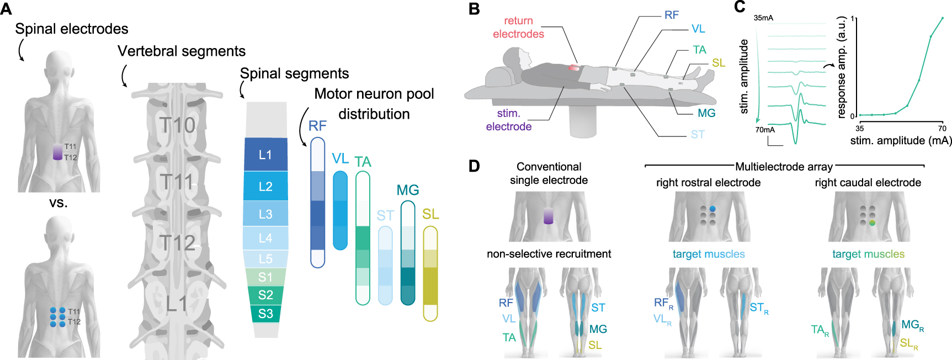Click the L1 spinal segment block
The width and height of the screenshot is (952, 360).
[x=265, y=155]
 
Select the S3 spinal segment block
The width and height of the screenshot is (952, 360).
[x=265, y=314]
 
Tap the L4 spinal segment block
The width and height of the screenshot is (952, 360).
[x=265, y=238]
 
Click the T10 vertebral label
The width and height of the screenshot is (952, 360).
[x=178, y=125]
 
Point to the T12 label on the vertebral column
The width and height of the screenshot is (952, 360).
[x=178, y=243]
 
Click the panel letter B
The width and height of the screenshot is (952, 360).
[x=474, y=9]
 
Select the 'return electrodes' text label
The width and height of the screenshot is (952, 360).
[x=518, y=28]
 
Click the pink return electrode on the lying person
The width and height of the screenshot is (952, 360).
[x=575, y=67]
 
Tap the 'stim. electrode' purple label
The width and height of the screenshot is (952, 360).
[x=508, y=120]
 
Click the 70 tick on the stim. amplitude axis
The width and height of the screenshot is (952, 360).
[x=942, y=128]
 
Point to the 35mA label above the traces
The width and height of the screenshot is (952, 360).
[x=763, y=18]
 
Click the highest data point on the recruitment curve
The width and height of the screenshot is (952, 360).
[x=942, y=18]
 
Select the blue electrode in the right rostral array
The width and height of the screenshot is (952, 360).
[x=712, y=209]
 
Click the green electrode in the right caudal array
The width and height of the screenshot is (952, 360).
[x=872, y=223]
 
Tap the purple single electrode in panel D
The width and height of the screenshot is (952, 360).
[x=548, y=216]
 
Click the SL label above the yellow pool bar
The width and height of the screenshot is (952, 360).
[x=430, y=214]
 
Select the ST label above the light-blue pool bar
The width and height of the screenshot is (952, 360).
[x=385, y=215]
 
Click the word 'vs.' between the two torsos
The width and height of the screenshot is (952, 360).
[x=58, y=203]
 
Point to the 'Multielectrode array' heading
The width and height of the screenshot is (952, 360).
[x=784, y=167]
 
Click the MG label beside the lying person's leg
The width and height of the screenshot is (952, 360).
[x=706, y=113]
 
